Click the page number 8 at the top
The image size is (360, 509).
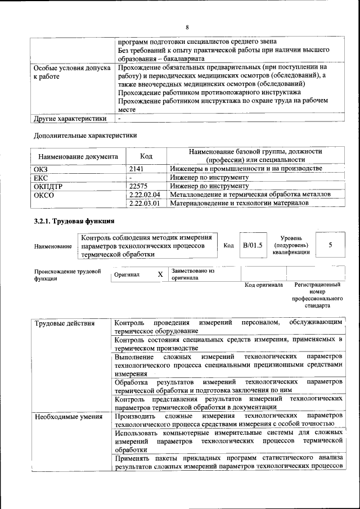point(187,27)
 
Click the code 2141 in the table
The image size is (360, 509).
point(137,169)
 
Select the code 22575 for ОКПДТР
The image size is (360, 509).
point(138,186)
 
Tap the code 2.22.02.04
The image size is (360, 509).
point(145,194)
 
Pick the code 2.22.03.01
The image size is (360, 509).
point(145,203)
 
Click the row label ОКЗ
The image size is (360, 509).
point(42,169)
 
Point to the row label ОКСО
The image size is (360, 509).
point(44,195)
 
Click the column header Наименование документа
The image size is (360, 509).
point(78,156)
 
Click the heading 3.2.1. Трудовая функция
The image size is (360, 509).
point(74,221)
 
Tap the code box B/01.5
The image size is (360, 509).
point(253,246)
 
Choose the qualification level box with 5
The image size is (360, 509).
point(330,245)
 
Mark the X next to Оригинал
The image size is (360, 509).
point(160,274)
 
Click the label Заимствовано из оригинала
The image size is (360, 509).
point(193,274)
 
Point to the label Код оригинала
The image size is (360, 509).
point(263,285)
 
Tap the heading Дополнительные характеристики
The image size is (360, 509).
point(85,135)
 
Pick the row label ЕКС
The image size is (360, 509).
point(41,177)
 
